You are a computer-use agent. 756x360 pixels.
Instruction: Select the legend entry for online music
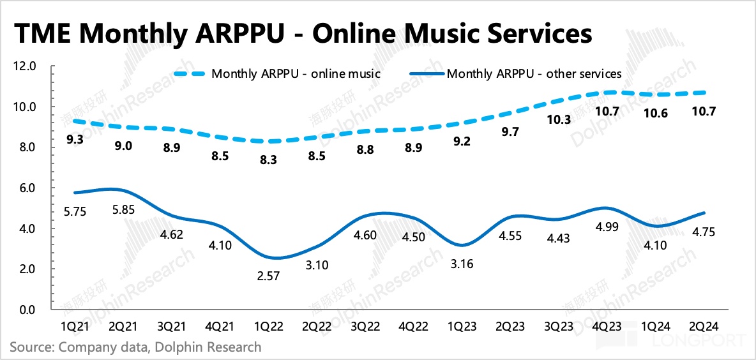pos(296,73)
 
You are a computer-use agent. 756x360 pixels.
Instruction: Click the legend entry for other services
pos(534,73)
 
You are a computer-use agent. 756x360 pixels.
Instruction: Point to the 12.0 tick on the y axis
pos(27,66)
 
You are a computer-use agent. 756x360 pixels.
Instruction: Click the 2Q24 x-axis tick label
pos(707,326)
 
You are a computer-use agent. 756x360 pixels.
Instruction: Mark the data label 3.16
pos(461,263)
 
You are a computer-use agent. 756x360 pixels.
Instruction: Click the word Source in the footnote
pos(31,347)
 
